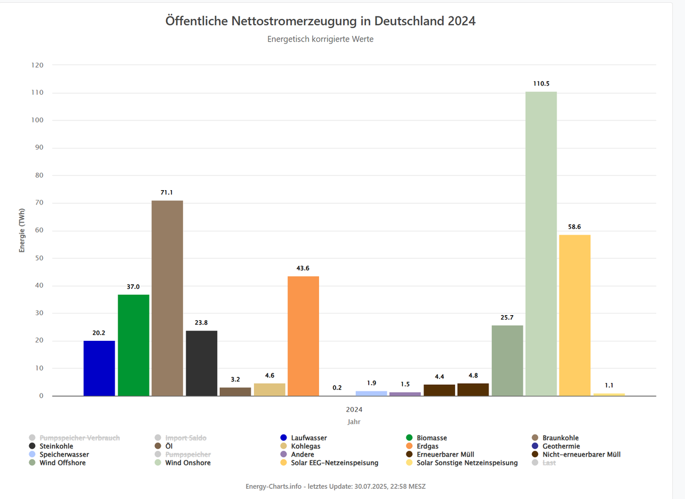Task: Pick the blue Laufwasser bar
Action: (x=99, y=368)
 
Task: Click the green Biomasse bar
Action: (x=134, y=345)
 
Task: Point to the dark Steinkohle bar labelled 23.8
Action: (x=202, y=363)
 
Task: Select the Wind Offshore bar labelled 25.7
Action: (x=507, y=360)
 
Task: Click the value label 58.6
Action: (x=575, y=227)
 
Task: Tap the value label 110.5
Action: (x=541, y=83)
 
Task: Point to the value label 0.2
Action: (x=337, y=388)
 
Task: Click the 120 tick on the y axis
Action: (x=37, y=65)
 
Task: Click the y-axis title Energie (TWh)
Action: (x=22, y=230)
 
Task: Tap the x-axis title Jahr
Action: (x=354, y=422)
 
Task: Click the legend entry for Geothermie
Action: (x=562, y=446)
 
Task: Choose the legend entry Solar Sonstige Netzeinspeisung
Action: (x=466, y=462)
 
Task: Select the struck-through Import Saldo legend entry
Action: (x=185, y=438)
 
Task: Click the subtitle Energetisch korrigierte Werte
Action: (x=320, y=39)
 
